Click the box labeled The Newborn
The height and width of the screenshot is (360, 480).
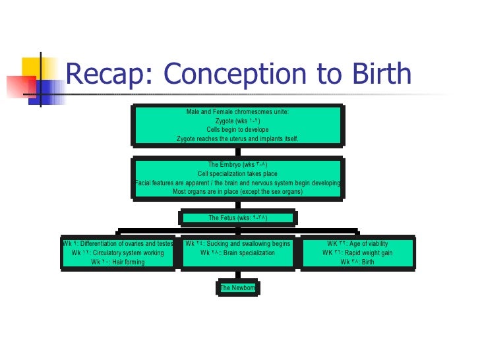point(237,287)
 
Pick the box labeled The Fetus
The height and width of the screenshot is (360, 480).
point(237,218)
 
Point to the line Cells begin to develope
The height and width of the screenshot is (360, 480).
point(237,130)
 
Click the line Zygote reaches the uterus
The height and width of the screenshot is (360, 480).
point(237,139)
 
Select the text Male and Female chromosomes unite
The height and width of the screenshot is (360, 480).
point(237,112)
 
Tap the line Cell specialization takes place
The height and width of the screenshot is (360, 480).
point(237,173)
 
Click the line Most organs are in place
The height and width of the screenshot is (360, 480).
point(237,192)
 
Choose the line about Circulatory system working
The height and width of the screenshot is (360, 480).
point(118,253)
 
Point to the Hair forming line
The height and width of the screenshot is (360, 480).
point(118,262)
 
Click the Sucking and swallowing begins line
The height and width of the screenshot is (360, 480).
point(237,244)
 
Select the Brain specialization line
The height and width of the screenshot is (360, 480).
point(237,253)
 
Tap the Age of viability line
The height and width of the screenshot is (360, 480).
point(357,244)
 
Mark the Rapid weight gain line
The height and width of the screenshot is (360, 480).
point(357,253)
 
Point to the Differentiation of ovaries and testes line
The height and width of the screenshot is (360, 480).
point(118,244)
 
